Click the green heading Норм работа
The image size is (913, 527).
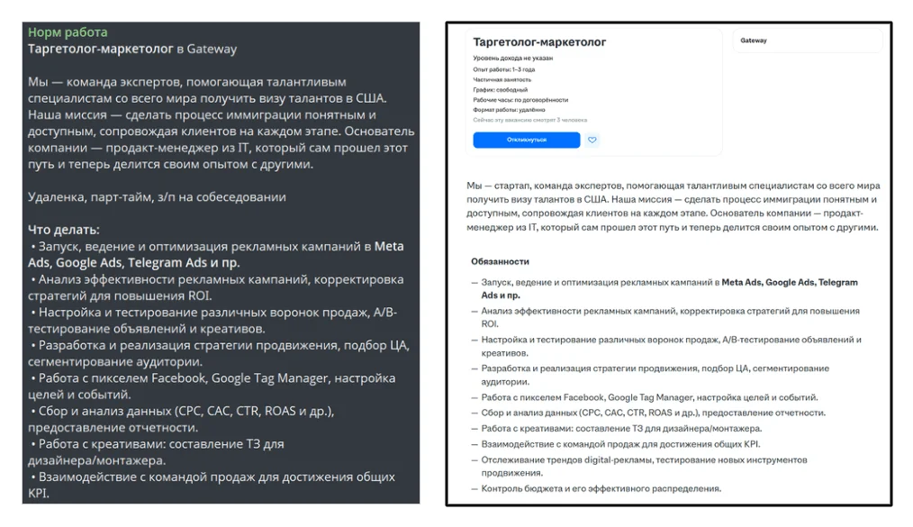pyautogui.click(x=68, y=32)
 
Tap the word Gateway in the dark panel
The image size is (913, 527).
pyautogui.click(x=212, y=49)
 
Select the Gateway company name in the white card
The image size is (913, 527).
pyautogui.click(x=754, y=41)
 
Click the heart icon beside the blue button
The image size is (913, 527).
pyautogui.click(x=592, y=140)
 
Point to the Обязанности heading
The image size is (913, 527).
pyautogui.click(x=500, y=261)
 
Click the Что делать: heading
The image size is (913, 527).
pyautogui.click(x=64, y=230)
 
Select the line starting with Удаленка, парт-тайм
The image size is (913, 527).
pyautogui.click(x=157, y=196)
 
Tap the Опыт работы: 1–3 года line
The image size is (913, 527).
pyautogui.click(x=503, y=69)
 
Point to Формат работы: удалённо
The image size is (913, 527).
pyautogui.click(x=509, y=110)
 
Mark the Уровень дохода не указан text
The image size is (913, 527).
pyautogui.click(x=512, y=59)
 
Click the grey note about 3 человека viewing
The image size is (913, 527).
pyautogui.click(x=529, y=120)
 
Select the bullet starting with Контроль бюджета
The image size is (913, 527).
pyautogui.click(x=601, y=488)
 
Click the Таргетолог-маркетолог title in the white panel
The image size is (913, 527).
pyautogui.click(x=539, y=42)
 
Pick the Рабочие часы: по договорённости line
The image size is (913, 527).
pyautogui.click(x=520, y=100)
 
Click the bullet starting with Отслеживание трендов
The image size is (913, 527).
pyautogui.click(x=643, y=459)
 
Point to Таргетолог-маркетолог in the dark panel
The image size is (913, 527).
pyautogui.click(x=100, y=49)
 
